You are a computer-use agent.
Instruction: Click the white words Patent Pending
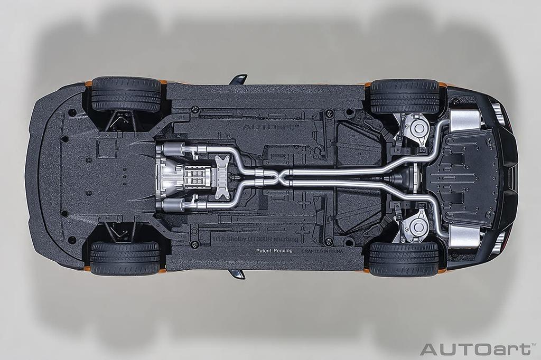274,251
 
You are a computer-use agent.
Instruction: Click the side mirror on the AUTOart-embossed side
238,79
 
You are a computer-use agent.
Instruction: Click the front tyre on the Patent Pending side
125,258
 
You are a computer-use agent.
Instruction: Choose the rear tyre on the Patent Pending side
404,259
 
